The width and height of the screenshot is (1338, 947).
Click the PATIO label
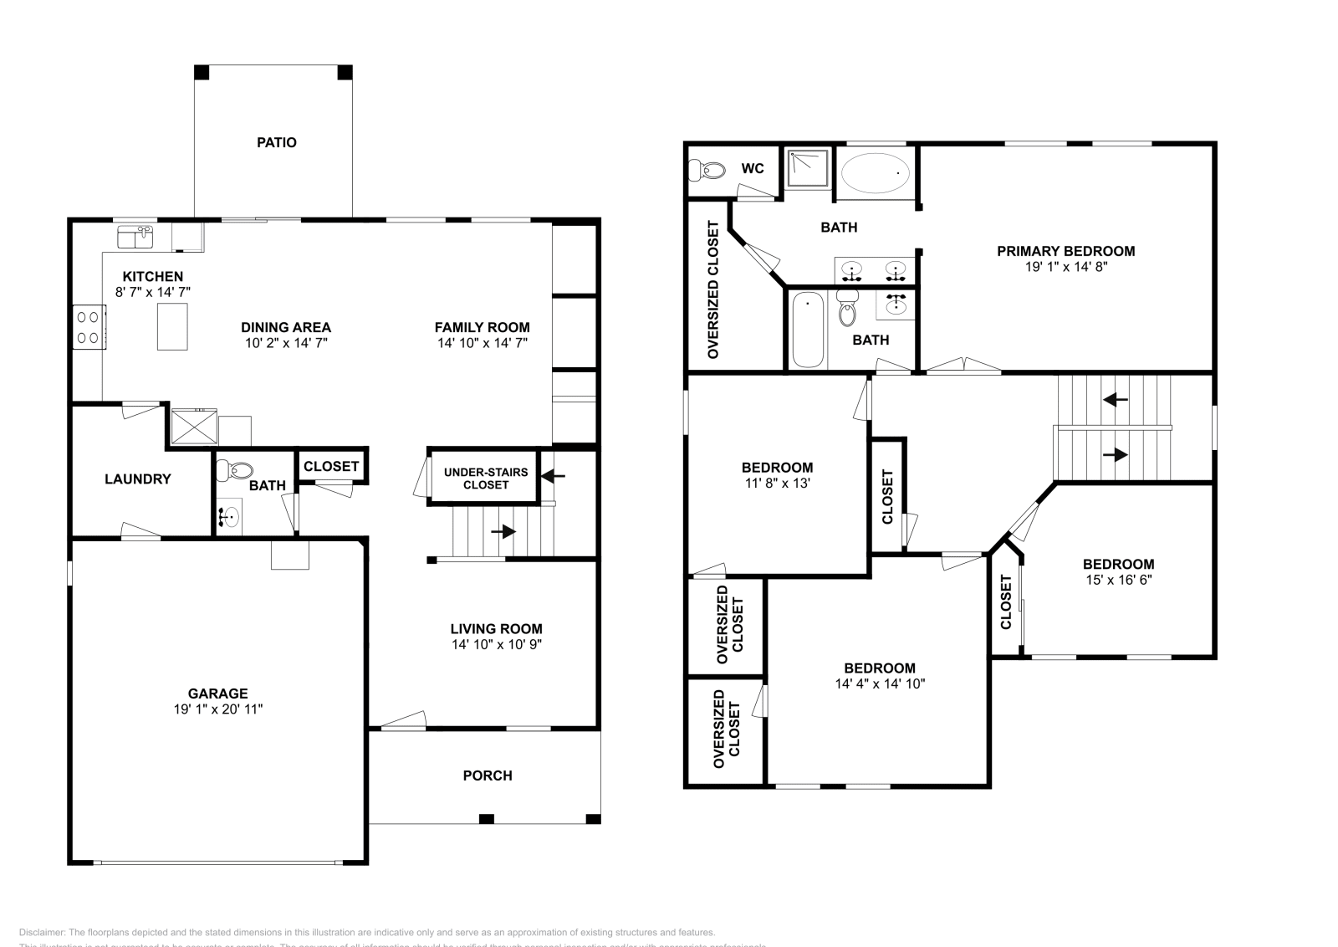coord(276,142)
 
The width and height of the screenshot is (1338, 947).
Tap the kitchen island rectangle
coord(172,326)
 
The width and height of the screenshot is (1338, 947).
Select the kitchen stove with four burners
coord(89,327)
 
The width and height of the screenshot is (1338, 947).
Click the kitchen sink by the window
coord(135,237)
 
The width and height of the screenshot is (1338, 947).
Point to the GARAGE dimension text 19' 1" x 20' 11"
coord(217,709)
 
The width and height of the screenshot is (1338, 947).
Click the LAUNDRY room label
coord(137,479)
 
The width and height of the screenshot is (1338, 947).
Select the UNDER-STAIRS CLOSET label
coord(485,478)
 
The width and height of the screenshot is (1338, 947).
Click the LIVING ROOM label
coord(496,628)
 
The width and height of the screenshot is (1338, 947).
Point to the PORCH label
coord(487,776)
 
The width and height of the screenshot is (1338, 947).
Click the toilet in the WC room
coord(707,171)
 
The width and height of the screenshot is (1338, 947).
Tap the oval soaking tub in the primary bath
coord(875,173)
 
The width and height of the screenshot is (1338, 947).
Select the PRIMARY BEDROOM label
coord(1065,250)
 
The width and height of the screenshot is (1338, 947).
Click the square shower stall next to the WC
coord(809,169)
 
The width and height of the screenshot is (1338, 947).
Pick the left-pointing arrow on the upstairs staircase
coord(1115,400)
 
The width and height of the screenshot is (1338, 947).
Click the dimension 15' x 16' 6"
coord(1118,580)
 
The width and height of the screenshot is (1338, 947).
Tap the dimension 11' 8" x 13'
coord(777,483)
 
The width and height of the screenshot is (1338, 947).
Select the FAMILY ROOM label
coord(482,327)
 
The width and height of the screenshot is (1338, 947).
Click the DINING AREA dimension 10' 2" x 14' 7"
coord(286,343)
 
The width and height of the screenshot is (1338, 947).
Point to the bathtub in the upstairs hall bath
coord(808,330)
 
